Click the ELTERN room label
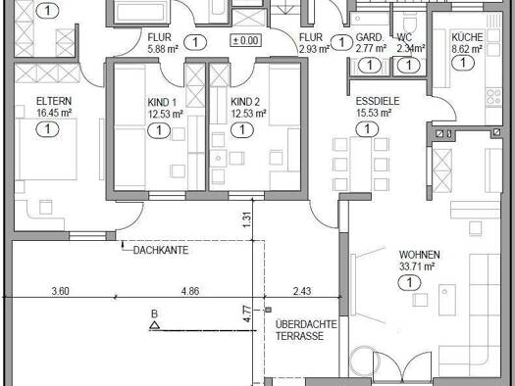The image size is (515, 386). coord(54,101)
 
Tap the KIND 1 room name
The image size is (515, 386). coord(162,102)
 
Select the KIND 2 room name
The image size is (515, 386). coord(245,102)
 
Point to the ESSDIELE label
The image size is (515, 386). coord(378,101)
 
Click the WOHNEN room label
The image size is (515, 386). coord(420,255)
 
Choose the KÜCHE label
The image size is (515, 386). coord(467,37)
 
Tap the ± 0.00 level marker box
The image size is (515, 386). coord(246,41)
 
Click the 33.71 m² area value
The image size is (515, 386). coord(417,266)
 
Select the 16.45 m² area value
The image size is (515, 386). coord(54,113)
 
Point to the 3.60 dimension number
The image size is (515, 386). coord(61,291)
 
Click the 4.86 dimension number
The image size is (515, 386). coord(190,291)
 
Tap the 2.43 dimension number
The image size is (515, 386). coord(302,291)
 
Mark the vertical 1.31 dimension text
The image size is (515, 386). coord(247,219)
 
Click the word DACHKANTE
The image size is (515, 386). coord(161,250)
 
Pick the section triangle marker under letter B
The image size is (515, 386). coord(154,325)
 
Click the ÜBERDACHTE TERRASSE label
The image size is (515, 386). coord(306,330)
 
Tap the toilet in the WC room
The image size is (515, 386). coord(409,23)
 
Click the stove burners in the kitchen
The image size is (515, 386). coord(493,97)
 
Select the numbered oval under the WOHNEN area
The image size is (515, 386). coord(409,283)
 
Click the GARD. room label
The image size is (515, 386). coord(370,37)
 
